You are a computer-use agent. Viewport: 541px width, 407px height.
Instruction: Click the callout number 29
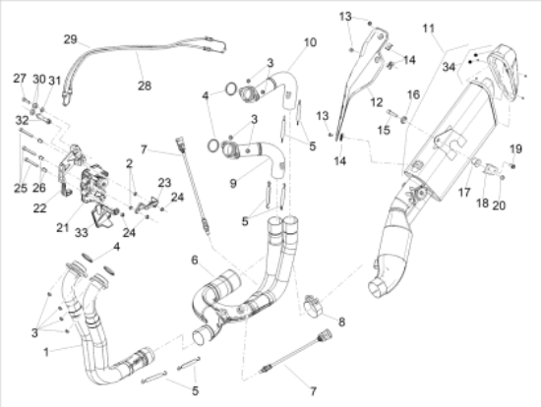70,39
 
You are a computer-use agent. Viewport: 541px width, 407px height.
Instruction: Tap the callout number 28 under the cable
145,86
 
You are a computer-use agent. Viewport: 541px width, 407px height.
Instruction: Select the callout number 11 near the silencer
429,29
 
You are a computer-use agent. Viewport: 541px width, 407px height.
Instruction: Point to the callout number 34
449,67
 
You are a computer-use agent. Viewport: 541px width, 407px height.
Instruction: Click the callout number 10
310,42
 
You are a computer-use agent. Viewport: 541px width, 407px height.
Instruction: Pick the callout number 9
233,183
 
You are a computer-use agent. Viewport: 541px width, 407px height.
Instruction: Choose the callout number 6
195,261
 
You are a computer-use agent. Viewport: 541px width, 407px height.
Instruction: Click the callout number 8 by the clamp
341,321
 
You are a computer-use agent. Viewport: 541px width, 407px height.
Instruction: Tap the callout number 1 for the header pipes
46,352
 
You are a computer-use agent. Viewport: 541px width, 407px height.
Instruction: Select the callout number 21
62,228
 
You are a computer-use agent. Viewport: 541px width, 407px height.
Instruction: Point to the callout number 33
82,233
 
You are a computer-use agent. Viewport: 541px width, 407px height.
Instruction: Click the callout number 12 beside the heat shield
377,102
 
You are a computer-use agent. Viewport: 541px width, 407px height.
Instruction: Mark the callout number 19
515,149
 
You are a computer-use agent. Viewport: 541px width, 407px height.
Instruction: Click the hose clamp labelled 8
313,305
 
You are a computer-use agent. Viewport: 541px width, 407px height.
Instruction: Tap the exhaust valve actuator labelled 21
93,183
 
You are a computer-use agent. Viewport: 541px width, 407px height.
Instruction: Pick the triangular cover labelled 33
100,215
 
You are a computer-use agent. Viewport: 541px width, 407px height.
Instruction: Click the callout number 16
414,94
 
